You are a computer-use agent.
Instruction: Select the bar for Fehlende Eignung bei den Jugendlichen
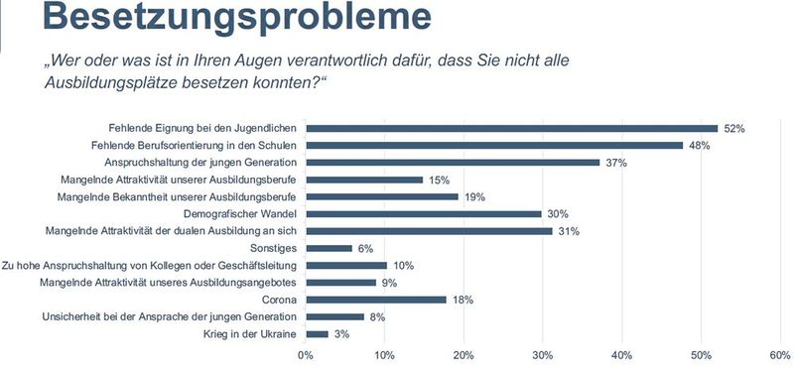[511, 128]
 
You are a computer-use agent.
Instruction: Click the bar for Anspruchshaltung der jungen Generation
[453, 162]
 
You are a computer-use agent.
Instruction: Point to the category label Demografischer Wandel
[241, 213]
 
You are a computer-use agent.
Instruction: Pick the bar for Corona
[376, 299]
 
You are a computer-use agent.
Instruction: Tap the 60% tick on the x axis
[779, 355]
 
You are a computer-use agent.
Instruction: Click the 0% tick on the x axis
[306, 355]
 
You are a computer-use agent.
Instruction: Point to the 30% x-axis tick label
[543, 355]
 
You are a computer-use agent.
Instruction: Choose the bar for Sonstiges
[329, 248]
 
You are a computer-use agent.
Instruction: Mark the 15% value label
[440, 180]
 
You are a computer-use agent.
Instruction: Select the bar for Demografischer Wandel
[424, 213]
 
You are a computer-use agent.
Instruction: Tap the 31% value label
[568, 231]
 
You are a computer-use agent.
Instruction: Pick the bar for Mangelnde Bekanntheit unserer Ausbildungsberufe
[382, 196]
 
